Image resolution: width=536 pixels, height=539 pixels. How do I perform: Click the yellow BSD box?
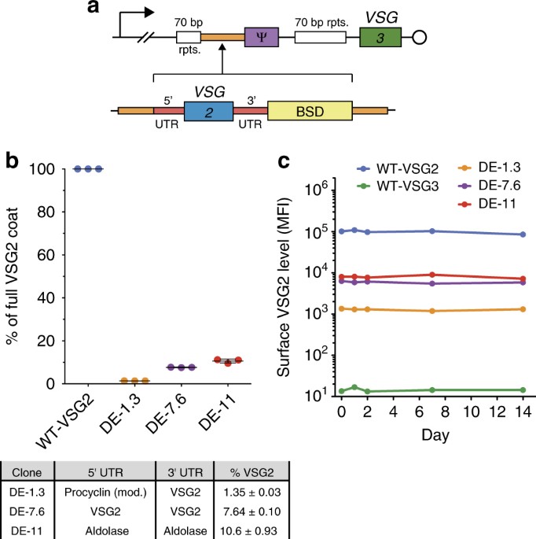310,112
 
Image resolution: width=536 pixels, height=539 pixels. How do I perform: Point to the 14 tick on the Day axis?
523,412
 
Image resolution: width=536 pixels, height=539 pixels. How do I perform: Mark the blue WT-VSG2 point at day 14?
523,234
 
